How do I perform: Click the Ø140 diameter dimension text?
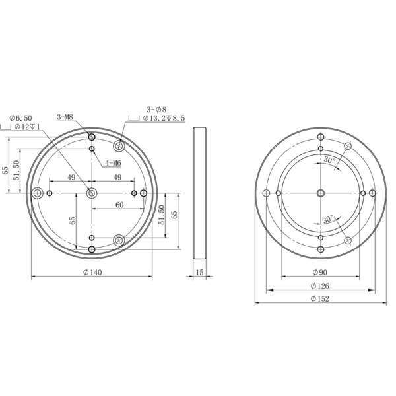[92, 272]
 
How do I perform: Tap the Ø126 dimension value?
[321, 286]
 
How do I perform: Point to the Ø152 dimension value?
[321, 299]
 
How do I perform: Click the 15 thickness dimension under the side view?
[200, 272]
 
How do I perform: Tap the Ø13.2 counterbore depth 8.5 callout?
[165, 119]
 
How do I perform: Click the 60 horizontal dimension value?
[119, 205]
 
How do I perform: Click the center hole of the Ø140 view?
[92, 193]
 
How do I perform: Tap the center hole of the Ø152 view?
[321, 193]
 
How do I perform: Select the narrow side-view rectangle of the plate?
[200, 193]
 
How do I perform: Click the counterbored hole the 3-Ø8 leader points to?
[119, 145]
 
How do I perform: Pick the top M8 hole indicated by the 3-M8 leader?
[92, 137]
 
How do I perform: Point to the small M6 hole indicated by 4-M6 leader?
[92, 149]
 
